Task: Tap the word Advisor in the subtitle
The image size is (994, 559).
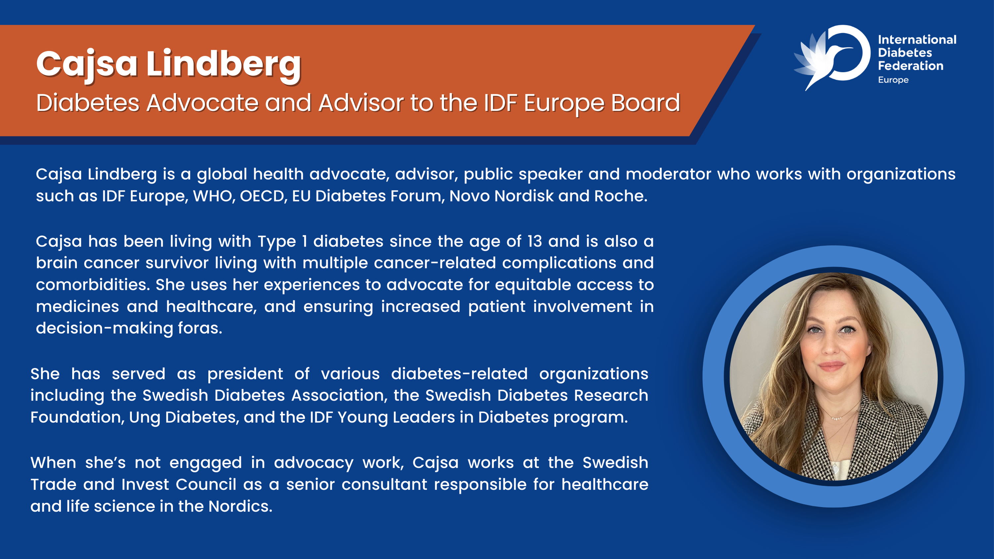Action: click(x=361, y=103)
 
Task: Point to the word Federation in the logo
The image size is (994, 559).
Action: click(x=911, y=66)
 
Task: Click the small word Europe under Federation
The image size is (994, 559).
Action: click(x=893, y=80)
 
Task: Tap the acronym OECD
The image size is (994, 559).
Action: click(x=263, y=196)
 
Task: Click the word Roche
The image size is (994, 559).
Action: click(x=621, y=196)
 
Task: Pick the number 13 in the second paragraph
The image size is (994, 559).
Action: click(x=534, y=242)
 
